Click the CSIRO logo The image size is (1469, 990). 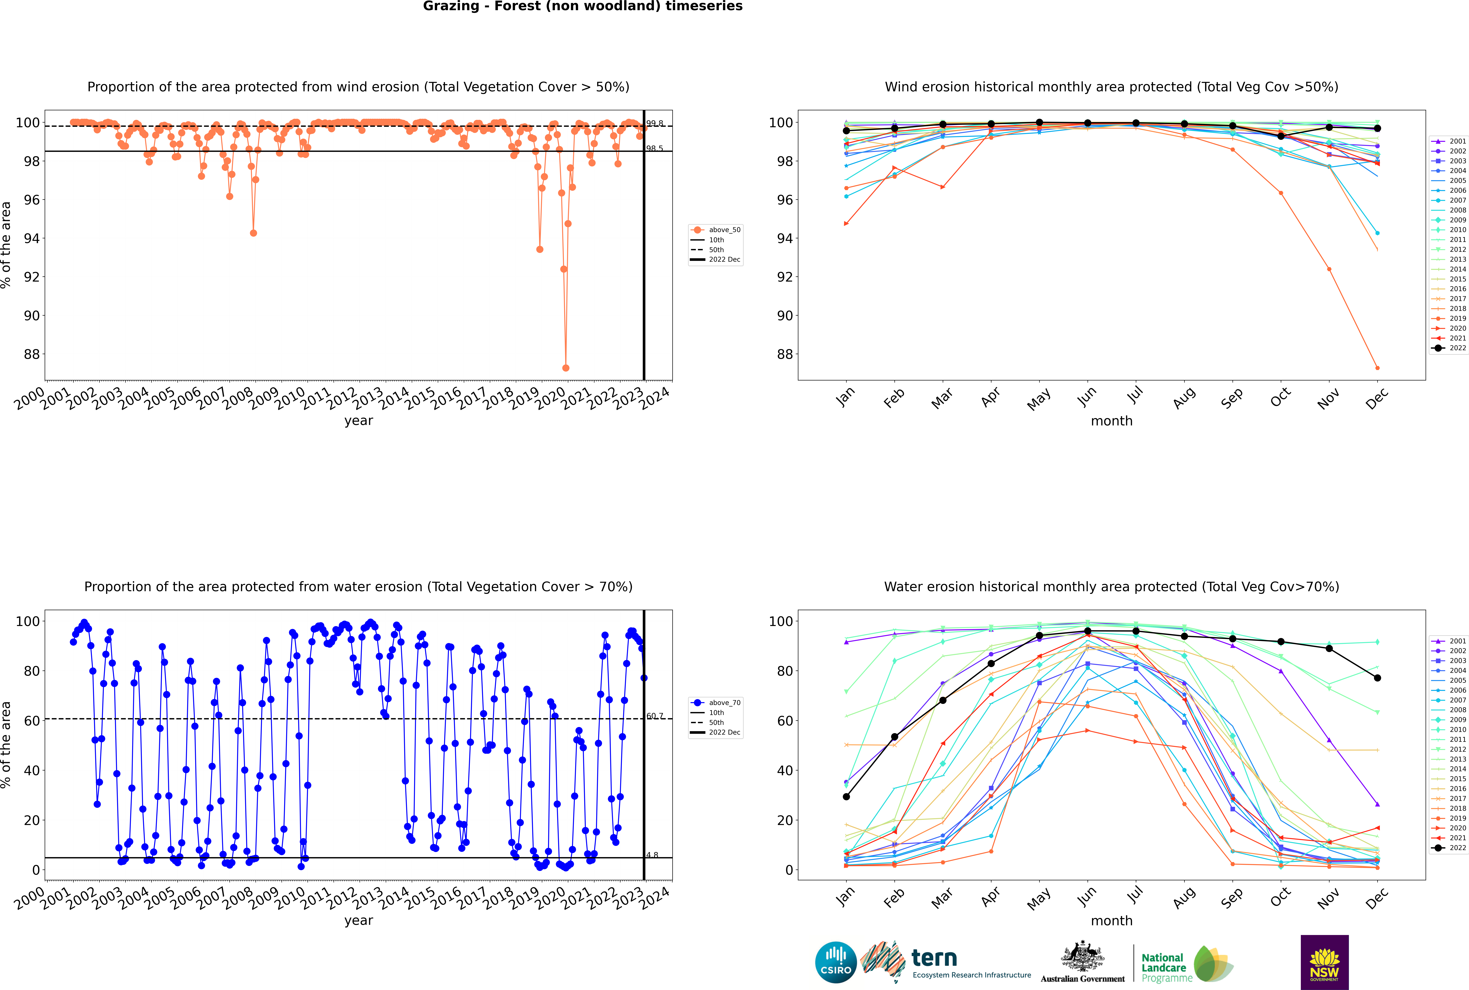[x=836, y=963]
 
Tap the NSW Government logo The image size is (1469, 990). [x=1324, y=962]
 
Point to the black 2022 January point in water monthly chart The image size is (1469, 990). [x=846, y=797]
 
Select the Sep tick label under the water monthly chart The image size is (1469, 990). [x=1232, y=897]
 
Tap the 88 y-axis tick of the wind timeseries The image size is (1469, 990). [x=32, y=354]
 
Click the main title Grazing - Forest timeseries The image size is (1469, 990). [x=582, y=6]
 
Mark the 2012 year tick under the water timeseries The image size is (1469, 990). [x=341, y=898]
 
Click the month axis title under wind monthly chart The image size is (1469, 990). [x=1112, y=421]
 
